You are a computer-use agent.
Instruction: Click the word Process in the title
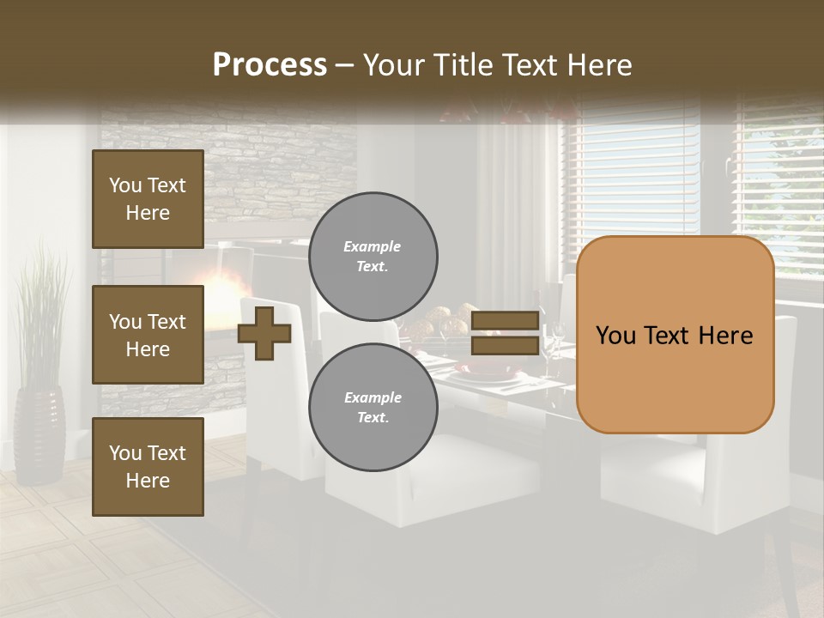click(x=270, y=65)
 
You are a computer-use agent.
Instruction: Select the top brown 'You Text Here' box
click(x=148, y=199)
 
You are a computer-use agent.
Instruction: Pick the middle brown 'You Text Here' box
click(x=148, y=335)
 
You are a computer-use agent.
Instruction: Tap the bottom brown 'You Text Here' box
click(x=148, y=467)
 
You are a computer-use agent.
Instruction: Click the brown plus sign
click(x=264, y=333)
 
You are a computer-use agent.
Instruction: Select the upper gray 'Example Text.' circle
click(x=373, y=257)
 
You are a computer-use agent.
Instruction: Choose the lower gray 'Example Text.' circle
click(x=373, y=408)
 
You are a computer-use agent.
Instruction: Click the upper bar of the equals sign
click(x=505, y=321)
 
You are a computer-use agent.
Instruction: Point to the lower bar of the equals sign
click(x=505, y=345)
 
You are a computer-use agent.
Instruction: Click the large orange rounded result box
click(x=675, y=335)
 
